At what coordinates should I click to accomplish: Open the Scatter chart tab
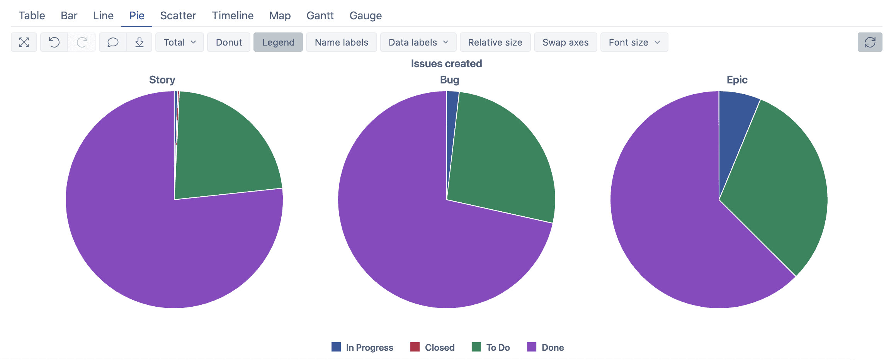point(178,16)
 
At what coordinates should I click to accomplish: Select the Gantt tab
point(320,16)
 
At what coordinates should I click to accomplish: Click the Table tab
point(32,16)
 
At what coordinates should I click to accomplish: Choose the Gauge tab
point(366,16)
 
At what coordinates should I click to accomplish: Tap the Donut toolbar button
point(229,42)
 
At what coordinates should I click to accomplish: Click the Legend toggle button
point(278,42)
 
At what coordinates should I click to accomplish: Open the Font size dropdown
point(634,42)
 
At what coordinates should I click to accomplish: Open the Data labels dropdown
point(418,42)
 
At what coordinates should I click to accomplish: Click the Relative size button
point(495,42)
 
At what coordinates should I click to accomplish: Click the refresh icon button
point(870,42)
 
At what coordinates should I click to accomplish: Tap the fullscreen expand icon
point(24,42)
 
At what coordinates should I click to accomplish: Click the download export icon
point(139,42)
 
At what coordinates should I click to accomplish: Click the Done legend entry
point(545,348)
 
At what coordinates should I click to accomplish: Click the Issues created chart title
point(446,64)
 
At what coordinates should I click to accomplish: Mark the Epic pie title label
point(737,80)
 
